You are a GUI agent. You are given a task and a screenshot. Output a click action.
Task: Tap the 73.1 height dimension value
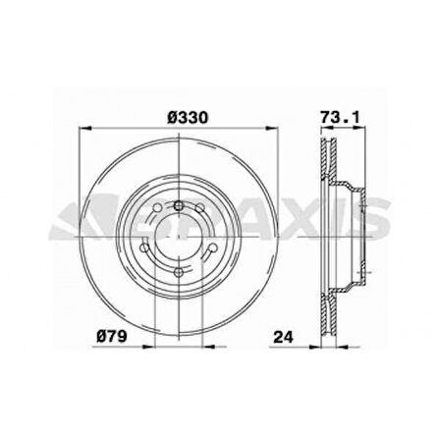pos(337,116)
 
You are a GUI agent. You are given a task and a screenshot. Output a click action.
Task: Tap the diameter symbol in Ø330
pos(170,116)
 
